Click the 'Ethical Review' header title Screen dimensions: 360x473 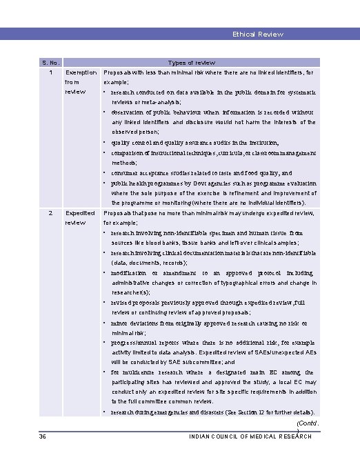click(258, 34)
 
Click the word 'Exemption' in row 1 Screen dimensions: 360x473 click(81, 72)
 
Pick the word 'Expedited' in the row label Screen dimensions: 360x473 click(80, 213)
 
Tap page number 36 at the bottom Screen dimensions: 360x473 click(43, 436)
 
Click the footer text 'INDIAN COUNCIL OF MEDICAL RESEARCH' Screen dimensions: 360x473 click(250, 436)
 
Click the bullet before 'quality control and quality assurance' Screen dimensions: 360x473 click(105, 143)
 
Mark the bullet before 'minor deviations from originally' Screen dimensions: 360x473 click(105, 322)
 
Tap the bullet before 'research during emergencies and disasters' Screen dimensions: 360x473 click(105, 412)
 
